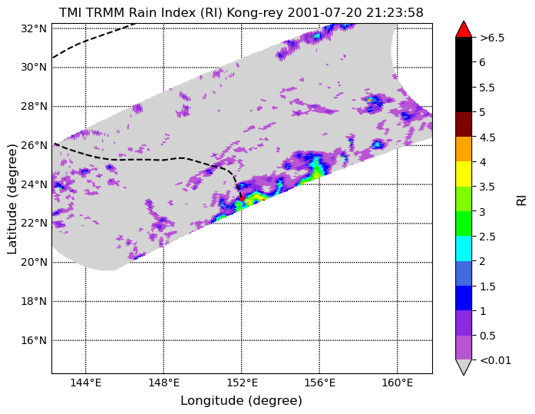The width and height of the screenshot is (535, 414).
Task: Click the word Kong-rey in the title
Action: pyautogui.click(x=256, y=13)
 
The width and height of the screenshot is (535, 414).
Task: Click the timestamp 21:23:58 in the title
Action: pyautogui.click(x=395, y=13)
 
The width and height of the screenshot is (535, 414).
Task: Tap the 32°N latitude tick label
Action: pyautogui.click(x=34, y=28)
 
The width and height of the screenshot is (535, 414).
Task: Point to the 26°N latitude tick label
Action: pyautogui.click(x=34, y=146)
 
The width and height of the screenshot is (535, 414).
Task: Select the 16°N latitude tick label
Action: pyautogui.click(x=34, y=340)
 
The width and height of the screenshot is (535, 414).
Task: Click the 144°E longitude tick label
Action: pyautogui.click(x=86, y=383)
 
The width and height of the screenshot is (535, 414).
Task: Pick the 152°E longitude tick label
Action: pyautogui.click(x=242, y=383)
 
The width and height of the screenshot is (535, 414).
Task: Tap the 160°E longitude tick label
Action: pyautogui.click(x=398, y=383)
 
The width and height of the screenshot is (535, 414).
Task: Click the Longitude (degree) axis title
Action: pyautogui.click(x=241, y=401)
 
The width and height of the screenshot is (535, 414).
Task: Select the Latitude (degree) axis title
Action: pyautogui.click(x=12, y=199)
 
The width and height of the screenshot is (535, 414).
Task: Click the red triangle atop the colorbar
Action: pyautogui.click(x=464, y=29)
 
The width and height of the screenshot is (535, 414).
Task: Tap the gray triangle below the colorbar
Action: pyautogui.click(x=464, y=367)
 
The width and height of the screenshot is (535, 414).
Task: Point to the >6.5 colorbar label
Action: pyautogui.click(x=492, y=38)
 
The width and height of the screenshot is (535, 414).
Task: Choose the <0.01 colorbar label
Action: pyautogui.click(x=495, y=360)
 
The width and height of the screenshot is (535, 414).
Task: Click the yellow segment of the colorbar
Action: pyautogui.click(x=464, y=174)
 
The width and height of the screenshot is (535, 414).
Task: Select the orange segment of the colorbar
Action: pyautogui.click(x=464, y=149)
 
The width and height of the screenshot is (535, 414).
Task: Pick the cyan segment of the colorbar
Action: pyautogui.click(x=464, y=248)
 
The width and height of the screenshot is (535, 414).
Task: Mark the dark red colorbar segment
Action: pyautogui.click(x=464, y=124)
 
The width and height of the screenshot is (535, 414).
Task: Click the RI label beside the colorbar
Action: pyautogui.click(x=521, y=200)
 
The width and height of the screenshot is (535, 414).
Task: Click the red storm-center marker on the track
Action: pyautogui.click(x=242, y=199)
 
